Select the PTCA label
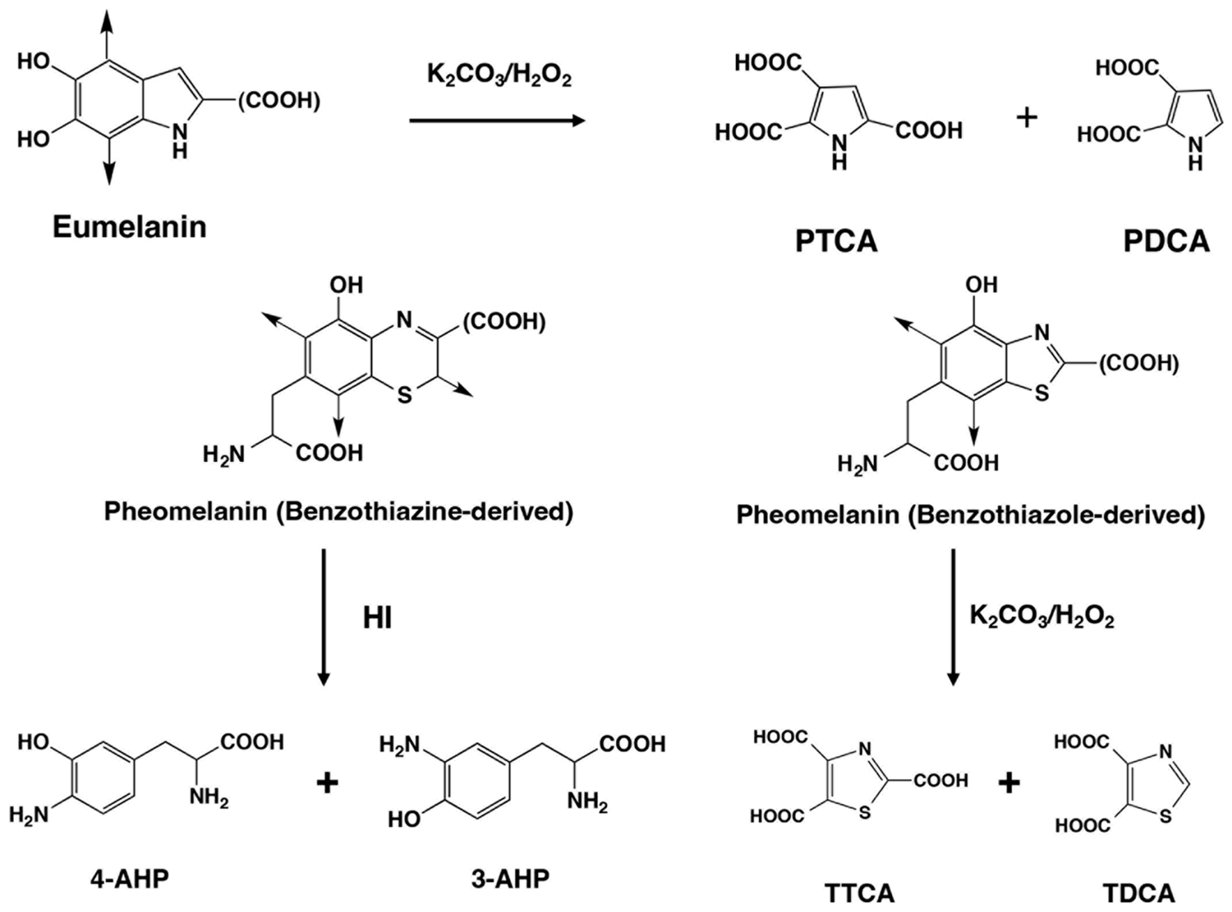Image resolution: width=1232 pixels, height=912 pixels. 836,241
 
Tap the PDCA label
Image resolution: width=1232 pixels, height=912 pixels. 1166,241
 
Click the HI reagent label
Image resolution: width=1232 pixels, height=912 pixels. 377,618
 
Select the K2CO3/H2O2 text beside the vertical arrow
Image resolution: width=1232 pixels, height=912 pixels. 1042,617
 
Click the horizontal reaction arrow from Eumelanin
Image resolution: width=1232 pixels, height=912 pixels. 497,120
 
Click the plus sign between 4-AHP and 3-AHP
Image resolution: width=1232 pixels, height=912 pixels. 327,783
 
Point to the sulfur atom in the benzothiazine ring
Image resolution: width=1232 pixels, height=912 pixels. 405,395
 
